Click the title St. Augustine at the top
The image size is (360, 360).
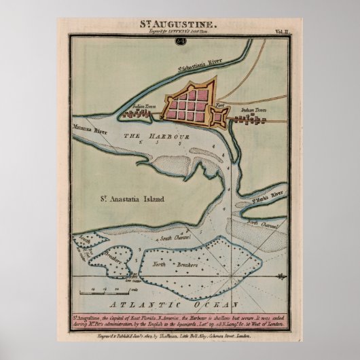(179, 23)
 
